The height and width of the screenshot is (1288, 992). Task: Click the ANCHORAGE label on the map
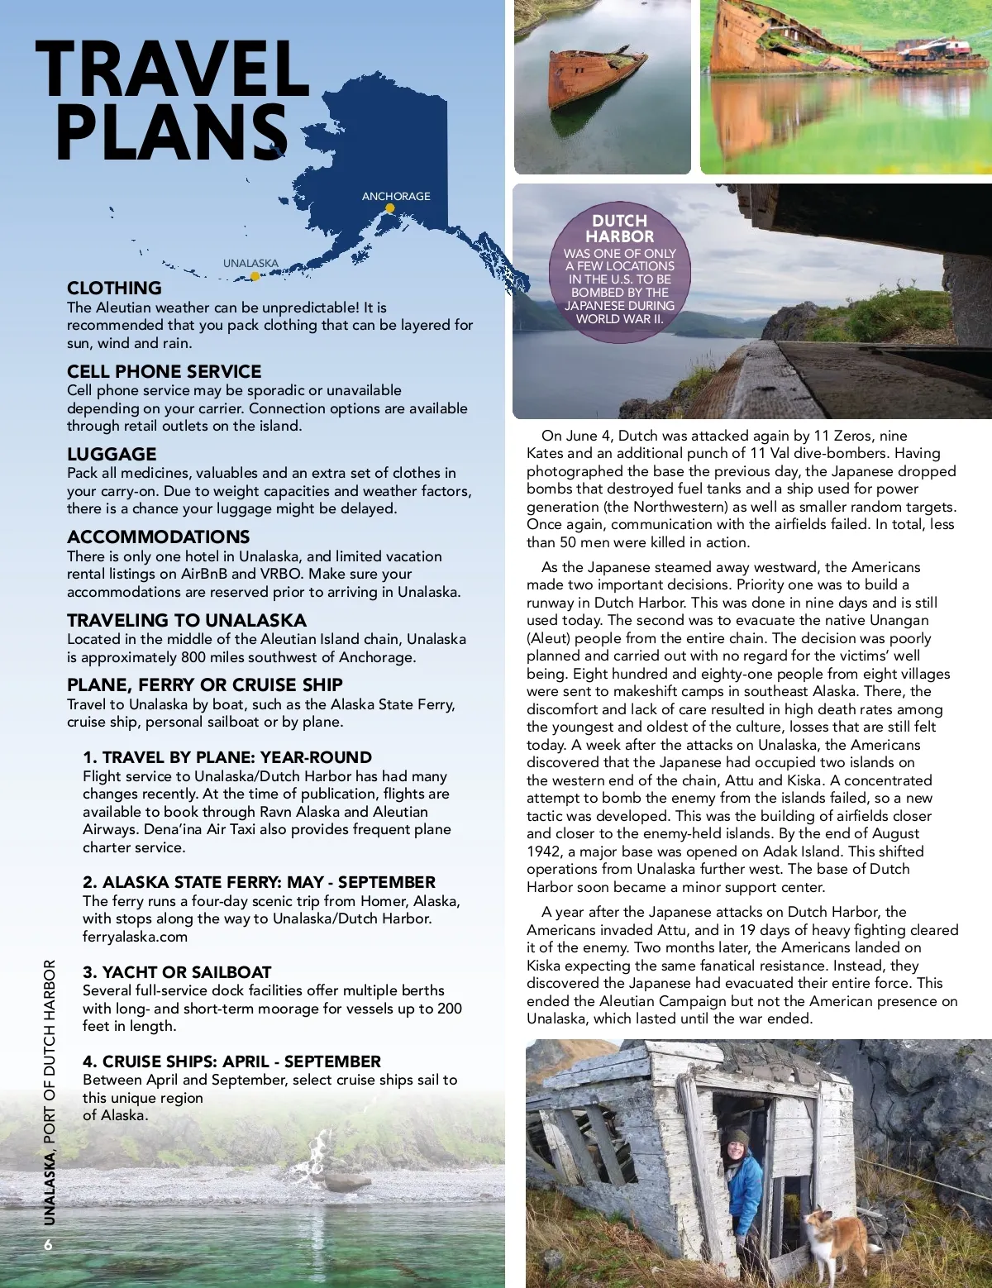396,196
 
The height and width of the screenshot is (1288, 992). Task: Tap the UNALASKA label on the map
250,264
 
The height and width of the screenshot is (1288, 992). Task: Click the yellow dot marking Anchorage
390,208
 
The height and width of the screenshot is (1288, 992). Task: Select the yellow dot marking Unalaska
255,277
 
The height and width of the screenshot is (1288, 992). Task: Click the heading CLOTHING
114,289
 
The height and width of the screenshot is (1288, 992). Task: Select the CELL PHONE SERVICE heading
164,372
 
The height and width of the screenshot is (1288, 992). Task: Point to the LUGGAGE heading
112,455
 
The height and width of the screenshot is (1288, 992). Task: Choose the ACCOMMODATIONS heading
158,537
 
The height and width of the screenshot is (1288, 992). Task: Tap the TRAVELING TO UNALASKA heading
186,621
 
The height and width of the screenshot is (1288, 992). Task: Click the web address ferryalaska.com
135,937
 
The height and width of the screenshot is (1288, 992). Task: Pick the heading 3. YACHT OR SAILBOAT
177,972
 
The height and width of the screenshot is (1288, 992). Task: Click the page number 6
48,1245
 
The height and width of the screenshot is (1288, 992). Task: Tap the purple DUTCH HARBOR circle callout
619,269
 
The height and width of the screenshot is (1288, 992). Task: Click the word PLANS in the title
172,132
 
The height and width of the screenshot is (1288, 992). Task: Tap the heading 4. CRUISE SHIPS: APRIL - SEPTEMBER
231,1061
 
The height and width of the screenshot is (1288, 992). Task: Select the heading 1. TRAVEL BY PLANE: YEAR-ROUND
227,757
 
